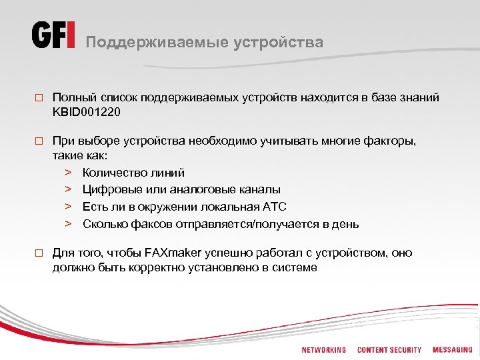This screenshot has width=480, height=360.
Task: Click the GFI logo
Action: coord(53,35)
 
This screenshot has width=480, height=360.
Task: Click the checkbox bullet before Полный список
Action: coord(39,98)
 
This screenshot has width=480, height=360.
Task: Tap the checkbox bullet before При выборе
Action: coord(39,142)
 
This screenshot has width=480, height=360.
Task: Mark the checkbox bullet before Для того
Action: coord(39,253)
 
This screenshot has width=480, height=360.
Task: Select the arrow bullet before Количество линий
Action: coord(68,173)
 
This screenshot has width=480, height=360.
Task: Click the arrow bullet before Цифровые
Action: coord(68,190)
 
